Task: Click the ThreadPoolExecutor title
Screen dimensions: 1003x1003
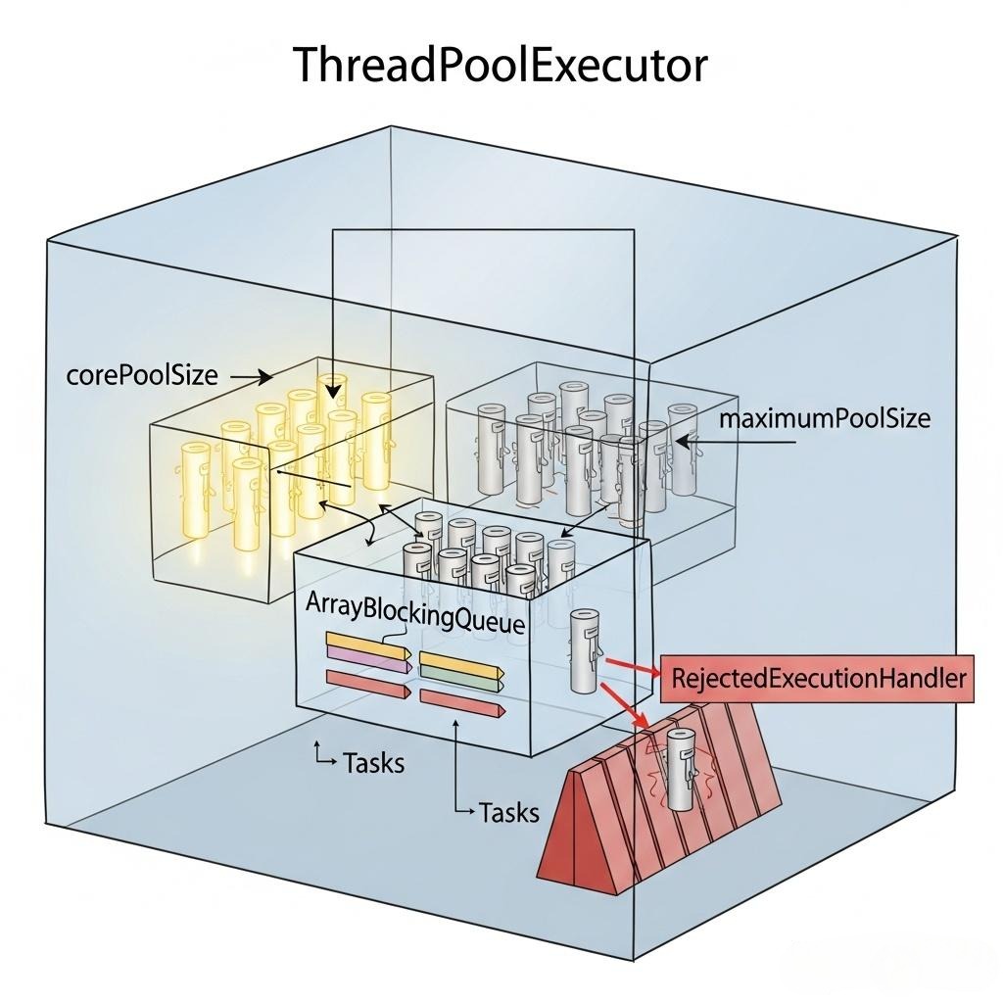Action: click(x=501, y=66)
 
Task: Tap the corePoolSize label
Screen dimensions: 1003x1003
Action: click(x=142, y=375)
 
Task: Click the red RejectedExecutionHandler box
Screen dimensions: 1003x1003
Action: click(x=818, y=678)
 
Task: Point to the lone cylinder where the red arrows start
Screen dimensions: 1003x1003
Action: click(x=584, y=650)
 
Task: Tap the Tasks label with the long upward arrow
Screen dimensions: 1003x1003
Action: click(x=508, y=811)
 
